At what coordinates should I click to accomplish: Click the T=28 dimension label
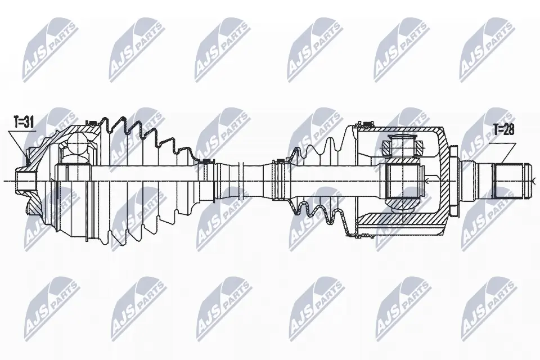[x=504, y=130]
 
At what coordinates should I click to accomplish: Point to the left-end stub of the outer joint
[x=22, y=180]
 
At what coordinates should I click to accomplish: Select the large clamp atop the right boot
[x=366, y=123]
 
